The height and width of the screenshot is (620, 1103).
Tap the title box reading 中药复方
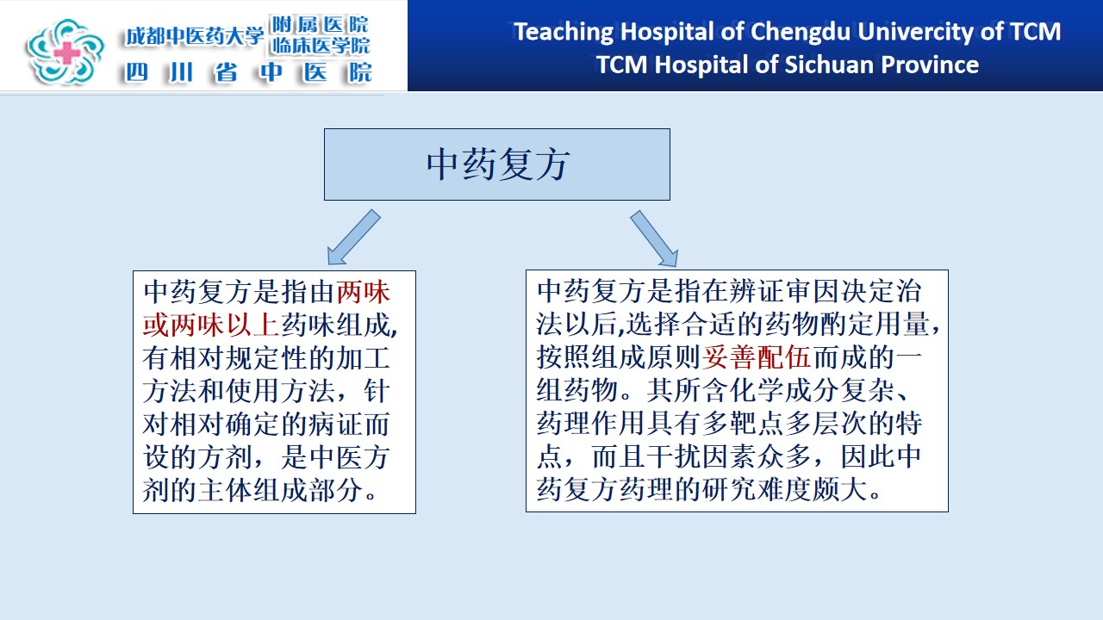pos(497,164)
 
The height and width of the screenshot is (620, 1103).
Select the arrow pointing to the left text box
pos(353,238)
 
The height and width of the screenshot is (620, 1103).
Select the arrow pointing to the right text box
pos(654,239)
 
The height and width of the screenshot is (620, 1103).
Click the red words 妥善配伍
pos(756,357)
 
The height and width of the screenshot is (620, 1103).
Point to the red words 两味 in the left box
pos(364,292)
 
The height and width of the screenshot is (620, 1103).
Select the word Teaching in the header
pos(564,32)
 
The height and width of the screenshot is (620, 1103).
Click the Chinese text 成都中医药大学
pos(195,36)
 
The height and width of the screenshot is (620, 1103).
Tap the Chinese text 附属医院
pos(320,24)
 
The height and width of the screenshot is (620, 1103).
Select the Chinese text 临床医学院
pos(320,46)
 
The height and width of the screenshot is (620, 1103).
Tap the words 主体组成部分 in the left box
pos(281,490)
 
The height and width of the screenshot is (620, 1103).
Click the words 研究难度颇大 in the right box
pos(784,490)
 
